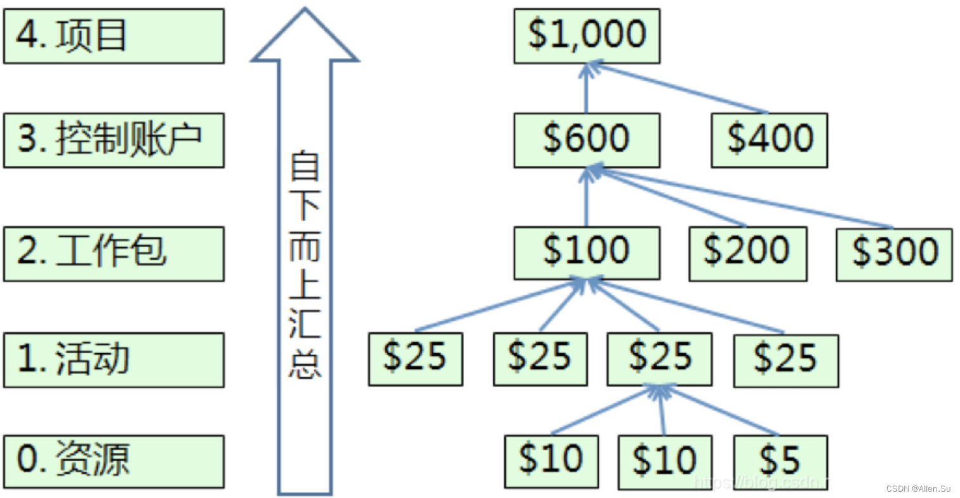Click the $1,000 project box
click(587, 36)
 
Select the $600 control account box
click(587, 140)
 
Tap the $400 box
click(769, 140)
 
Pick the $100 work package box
click(587, 252)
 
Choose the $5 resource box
click(780, 461)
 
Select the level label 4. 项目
click(114, 36)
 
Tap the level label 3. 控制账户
click(114, 140)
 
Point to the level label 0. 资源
click(114, 461)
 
